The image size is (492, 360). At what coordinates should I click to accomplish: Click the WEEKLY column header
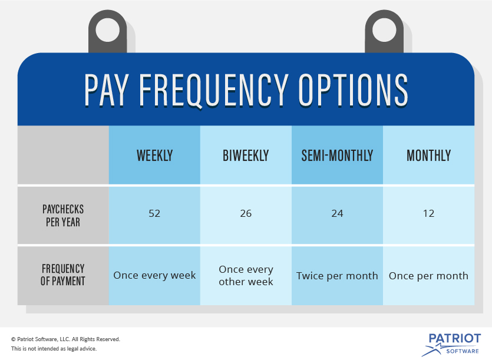(154, 156)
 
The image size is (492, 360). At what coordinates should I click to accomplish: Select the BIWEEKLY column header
(246, 156)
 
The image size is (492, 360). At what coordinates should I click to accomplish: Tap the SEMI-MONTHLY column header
(337, 156)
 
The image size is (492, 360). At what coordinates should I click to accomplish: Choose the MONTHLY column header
(428, 156)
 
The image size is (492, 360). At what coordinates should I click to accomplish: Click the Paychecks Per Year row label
(63, 216)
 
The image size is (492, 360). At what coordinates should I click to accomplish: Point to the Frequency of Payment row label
(63, 275)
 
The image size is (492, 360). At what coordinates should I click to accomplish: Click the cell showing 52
(154, 213)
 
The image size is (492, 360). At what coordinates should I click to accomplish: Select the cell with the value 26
(246, 213)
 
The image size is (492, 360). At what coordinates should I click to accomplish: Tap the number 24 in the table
(337, 213)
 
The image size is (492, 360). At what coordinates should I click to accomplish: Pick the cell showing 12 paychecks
(428, 213)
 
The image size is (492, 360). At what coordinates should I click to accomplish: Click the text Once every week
(154, 275)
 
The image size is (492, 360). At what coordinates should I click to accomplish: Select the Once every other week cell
(246, 275)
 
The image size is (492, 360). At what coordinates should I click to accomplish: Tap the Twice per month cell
(337, 275)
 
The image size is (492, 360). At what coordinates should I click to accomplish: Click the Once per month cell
(428, 275)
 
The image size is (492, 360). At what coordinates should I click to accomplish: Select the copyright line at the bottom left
(65, 339)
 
